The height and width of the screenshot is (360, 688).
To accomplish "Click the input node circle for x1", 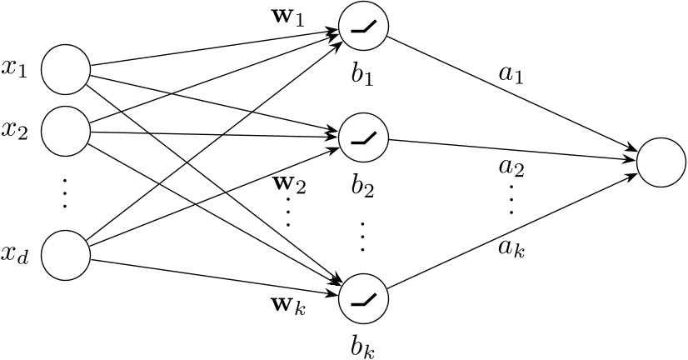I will pos(66,69).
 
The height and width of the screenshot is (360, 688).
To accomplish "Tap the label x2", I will pos(15,131).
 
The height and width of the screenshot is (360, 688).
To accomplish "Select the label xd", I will pos(15,257).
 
